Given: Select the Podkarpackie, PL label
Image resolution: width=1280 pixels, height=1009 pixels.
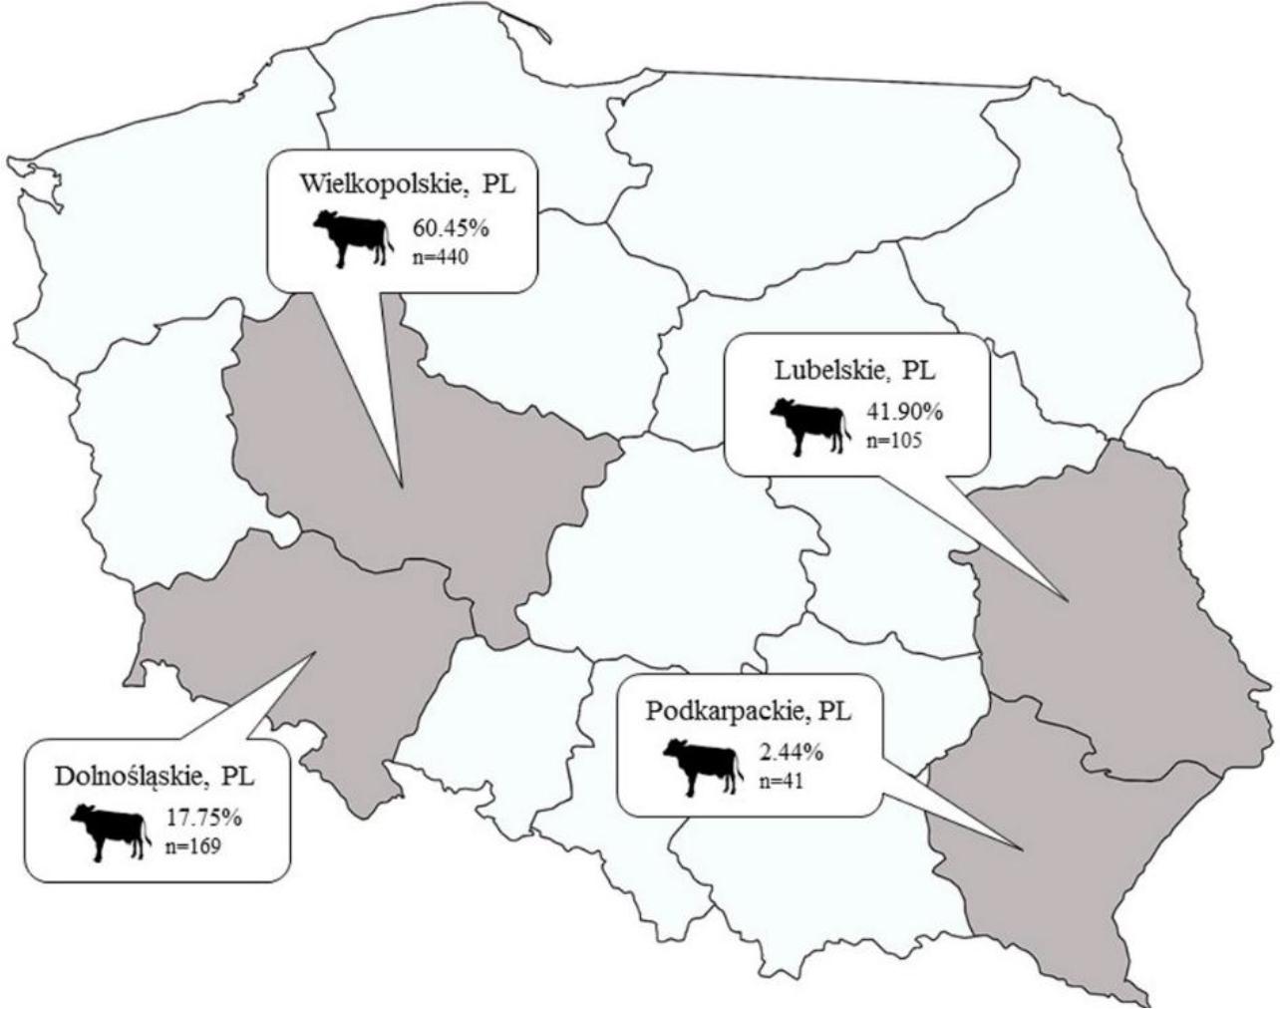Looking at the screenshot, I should [x=749, y=712].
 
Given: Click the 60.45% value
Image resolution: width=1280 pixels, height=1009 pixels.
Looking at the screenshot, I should [x=451, y=230].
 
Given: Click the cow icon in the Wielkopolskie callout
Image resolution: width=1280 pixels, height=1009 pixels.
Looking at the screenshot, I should [x=350, y=237].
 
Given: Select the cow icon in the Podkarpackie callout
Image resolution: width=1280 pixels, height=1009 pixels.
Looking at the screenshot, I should [x=702, y=766].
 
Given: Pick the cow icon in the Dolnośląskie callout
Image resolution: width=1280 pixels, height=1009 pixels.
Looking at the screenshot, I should [x=108, y=831].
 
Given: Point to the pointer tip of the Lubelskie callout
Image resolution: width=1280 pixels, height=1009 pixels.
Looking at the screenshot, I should [x=1068, y=600].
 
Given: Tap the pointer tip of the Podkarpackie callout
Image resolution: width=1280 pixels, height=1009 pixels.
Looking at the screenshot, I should [x=1025, y=850].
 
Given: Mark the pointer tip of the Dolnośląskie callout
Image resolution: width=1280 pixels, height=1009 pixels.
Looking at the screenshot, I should [x=316, y=653].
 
